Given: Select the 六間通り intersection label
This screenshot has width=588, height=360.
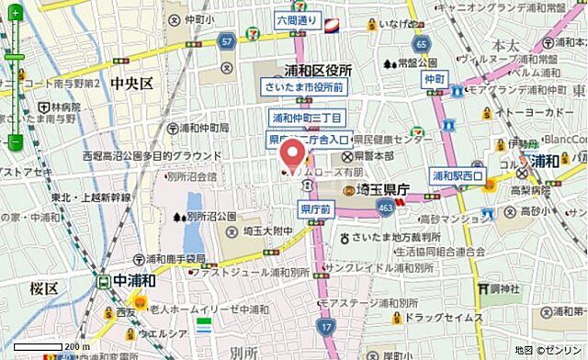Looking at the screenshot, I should [x=296, y=19].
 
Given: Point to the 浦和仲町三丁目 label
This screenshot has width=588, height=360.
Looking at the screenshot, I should [x=307, y=119].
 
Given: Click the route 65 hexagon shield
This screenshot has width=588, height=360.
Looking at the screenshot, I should [x=421, y=43].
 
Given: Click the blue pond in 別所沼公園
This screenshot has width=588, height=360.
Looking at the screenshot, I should [x=195, y=208].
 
